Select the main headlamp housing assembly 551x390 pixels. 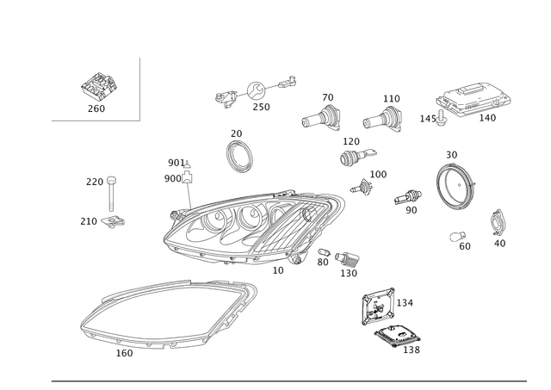[x=254, y=226]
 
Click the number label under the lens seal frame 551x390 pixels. [x=124, y=352]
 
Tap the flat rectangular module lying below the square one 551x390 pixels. [x=396, y=335]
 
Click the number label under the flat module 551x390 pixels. [x=412, y=350]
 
